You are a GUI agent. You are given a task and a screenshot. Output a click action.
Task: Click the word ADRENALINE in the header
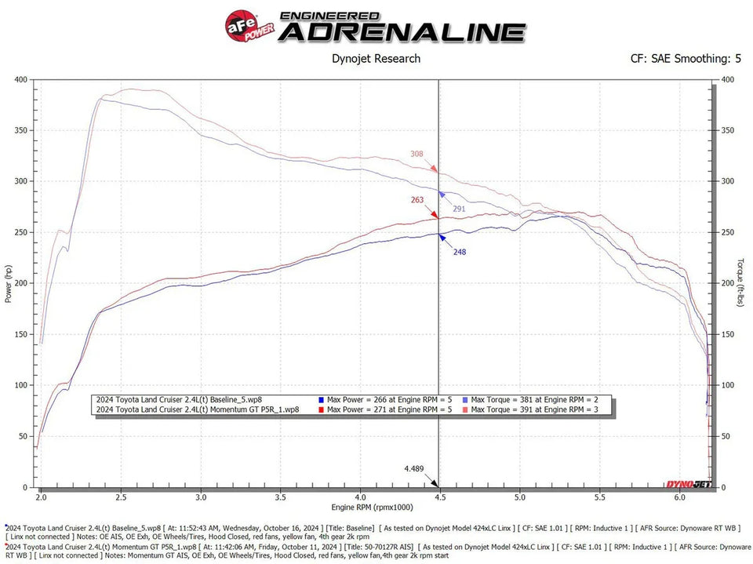click(x=402, y=32)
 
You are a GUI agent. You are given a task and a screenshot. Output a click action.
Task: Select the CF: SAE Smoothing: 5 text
click(x=686, y=58)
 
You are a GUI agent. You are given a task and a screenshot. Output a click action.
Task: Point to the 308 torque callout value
click(x=417, y=154)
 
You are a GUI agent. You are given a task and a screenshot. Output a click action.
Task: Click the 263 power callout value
click(x=417, y=200)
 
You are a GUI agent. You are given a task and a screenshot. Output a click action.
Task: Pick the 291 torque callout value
click(x=460, y=209)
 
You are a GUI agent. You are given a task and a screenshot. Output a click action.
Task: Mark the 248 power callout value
click(x=460, y=252)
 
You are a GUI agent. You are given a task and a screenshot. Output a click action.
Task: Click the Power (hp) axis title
click(x=9, y=283)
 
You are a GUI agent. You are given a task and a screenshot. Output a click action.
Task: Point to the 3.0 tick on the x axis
click(x=202, y=497)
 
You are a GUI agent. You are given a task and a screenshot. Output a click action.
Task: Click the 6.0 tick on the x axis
click(x=679, y=497)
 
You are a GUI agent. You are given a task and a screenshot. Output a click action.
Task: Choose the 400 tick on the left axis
click(x=20, y=79)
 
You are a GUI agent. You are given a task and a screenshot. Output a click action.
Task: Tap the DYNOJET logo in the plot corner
click(x=688, y=485)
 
